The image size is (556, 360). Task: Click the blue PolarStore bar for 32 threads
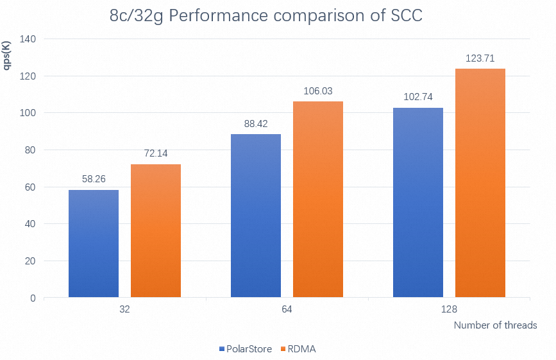94,244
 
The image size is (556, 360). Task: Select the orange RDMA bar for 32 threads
156,231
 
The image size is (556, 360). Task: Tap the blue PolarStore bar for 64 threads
256,216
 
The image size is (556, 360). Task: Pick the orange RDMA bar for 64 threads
318,200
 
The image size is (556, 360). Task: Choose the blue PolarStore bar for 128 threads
418,203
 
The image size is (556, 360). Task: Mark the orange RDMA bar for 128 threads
480,183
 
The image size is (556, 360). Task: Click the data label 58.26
94,180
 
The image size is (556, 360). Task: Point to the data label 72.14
156,155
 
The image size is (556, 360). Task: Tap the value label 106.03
318,92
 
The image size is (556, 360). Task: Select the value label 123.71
480,59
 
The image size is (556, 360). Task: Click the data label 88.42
256,124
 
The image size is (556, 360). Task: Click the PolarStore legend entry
244,349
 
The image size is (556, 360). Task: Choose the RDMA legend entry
300,349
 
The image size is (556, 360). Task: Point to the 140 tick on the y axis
27,39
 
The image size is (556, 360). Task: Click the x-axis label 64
287,309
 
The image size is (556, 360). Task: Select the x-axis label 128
449,309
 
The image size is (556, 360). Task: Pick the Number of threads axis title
495,325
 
